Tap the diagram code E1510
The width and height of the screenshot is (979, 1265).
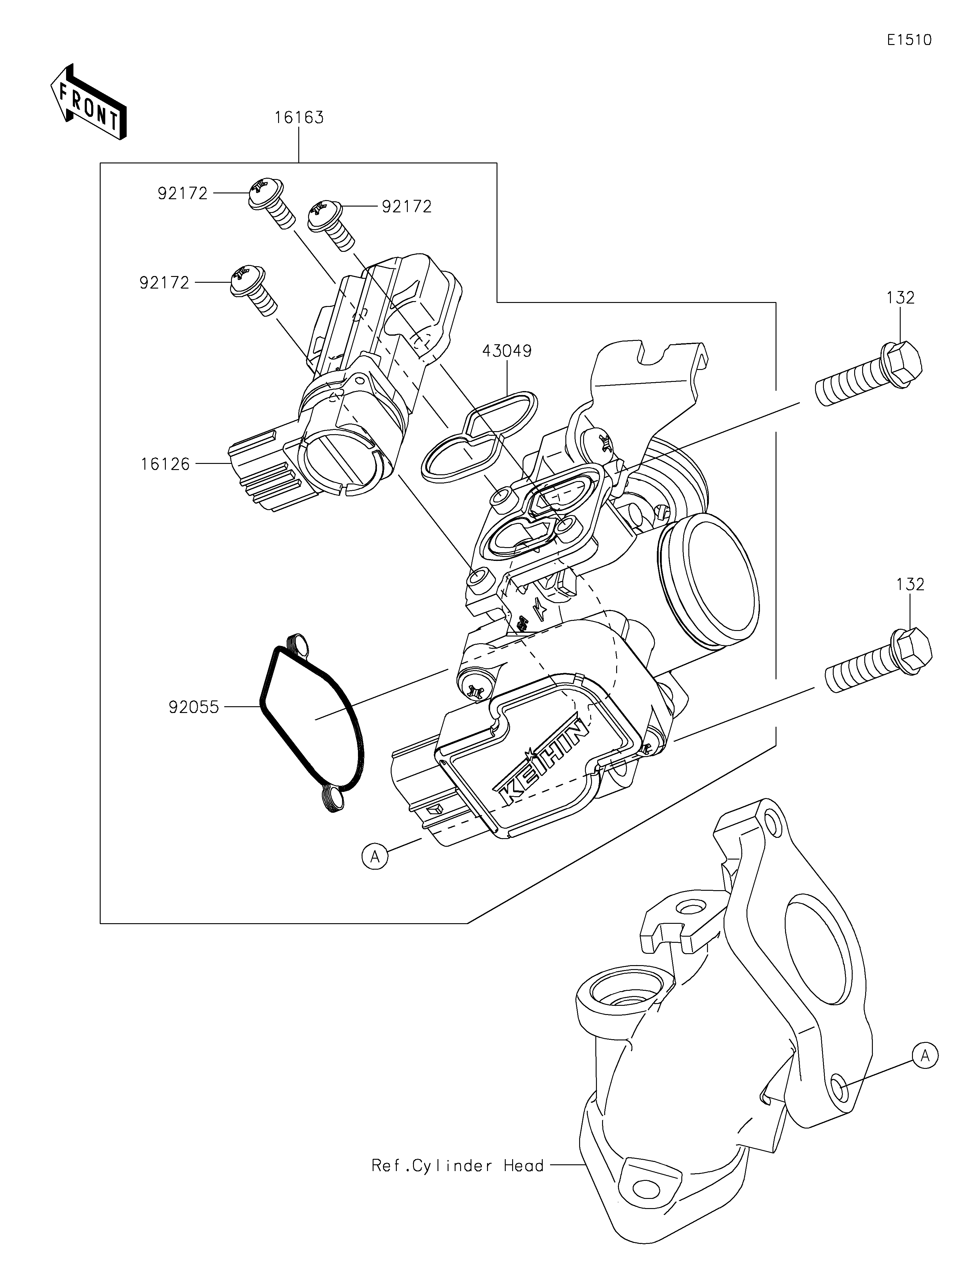[908, 40]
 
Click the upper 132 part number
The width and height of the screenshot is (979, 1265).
[900, 298]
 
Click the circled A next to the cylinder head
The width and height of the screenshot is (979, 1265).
[925, 1056]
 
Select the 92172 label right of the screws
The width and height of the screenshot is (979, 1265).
[406, 207]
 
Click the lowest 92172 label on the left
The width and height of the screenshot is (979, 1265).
[164, 283]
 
